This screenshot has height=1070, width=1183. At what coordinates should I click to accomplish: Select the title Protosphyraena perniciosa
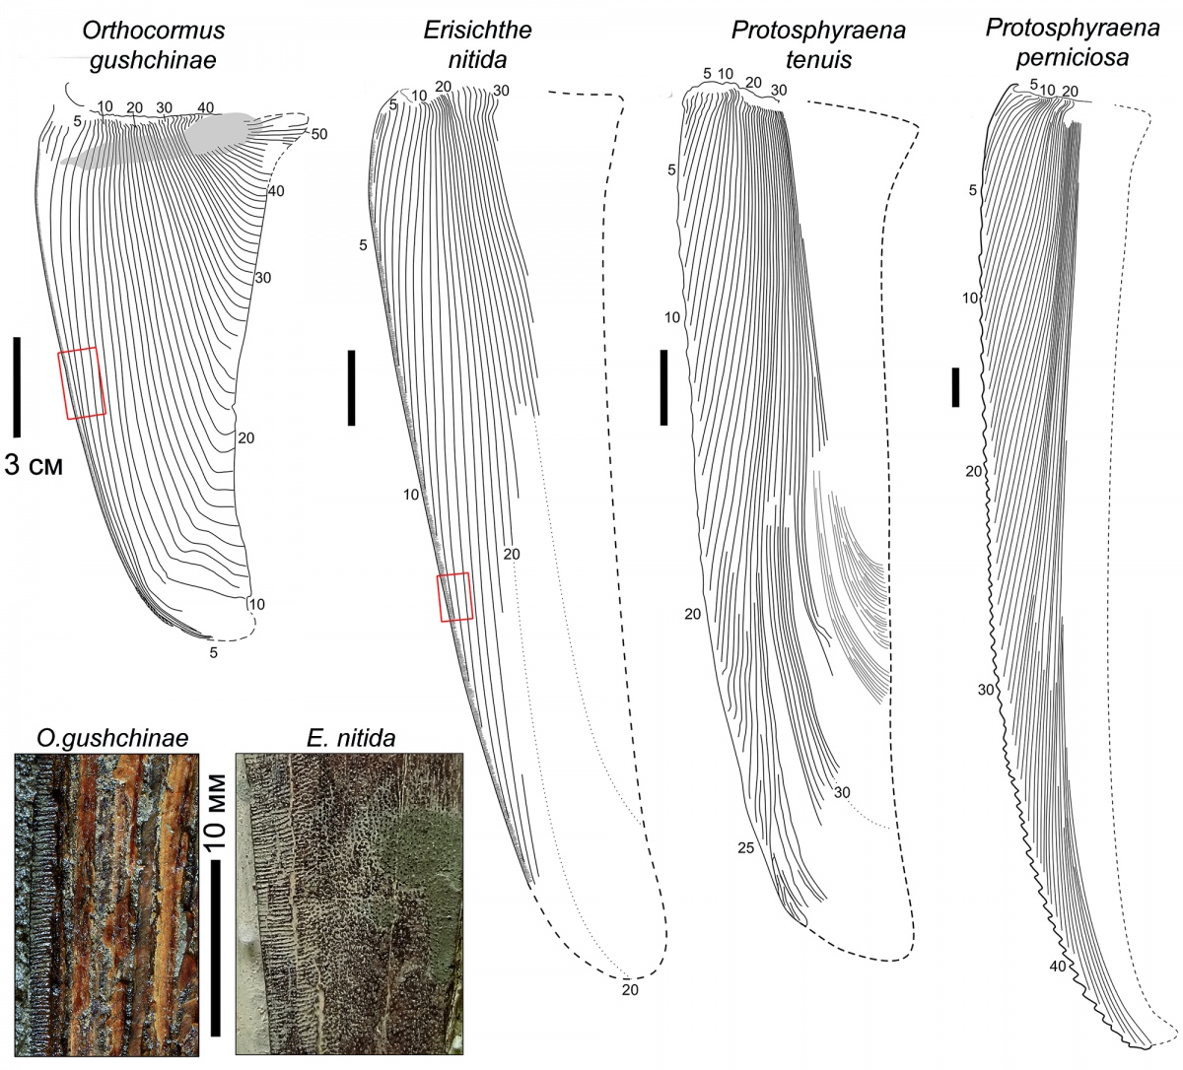pyautogui.click(x=1057, y=43)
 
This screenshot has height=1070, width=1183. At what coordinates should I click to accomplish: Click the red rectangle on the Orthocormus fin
pyautogui.click(x=82, y=383)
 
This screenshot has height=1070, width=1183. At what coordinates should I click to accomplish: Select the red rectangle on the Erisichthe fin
pyautogui.click(x=454, y=597)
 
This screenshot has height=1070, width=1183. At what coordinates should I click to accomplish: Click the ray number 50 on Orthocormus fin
pyautogui.click(x=317, y=134)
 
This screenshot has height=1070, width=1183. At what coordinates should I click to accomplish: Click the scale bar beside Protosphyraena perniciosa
pyautogui.click(x=955, y=386)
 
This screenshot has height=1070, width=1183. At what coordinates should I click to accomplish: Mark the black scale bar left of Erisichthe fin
pyautogui.click(x=351, y=386)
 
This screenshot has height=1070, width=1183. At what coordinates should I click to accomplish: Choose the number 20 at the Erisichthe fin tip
pyautogui.click(x=631, y=990)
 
